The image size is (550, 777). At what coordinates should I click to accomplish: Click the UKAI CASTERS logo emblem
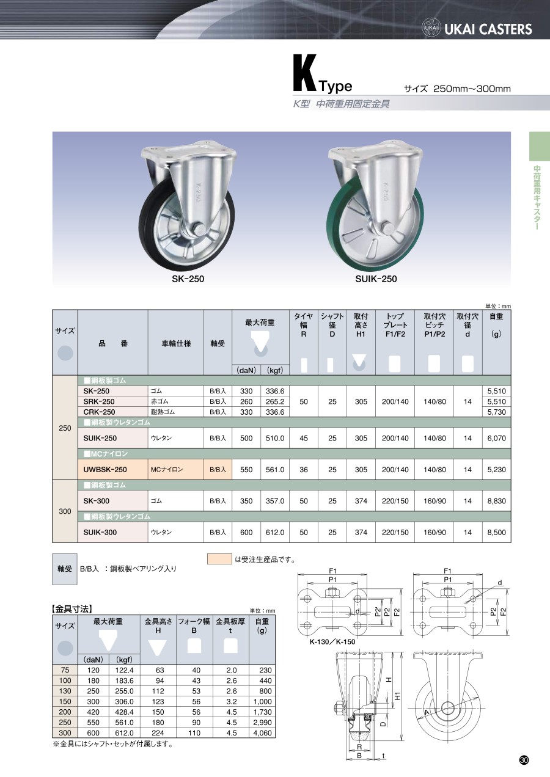tap(431, 27)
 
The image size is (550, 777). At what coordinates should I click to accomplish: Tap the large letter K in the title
tap(305, 73)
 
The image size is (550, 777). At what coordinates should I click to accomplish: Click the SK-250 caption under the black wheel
tap(188, 279)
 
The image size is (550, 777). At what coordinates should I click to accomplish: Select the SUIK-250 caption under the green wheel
tap(376, 279)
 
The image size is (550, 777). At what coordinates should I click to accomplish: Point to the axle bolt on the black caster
tap(199, 230)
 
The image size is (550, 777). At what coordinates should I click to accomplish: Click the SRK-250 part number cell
tap(99, 401)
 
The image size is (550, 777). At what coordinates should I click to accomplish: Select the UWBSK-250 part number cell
tap(105, 469)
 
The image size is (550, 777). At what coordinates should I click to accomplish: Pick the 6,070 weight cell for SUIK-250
tap(496, 438)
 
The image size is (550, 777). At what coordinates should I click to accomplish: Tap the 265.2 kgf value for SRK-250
tap(275, 401)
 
